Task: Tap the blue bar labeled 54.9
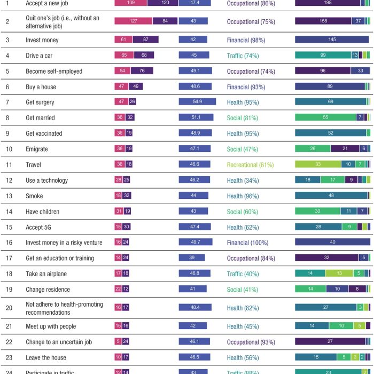pos(197,102)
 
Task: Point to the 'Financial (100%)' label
pos(246,243)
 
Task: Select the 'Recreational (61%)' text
pos(251,165)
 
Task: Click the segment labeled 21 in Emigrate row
pos(345,149)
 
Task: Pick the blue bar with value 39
pos(191,258)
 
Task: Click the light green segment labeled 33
pos(318,165)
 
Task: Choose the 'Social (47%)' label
pos(244,149)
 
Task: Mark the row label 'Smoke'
pos(35,196)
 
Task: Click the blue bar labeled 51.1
pos(196,118)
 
